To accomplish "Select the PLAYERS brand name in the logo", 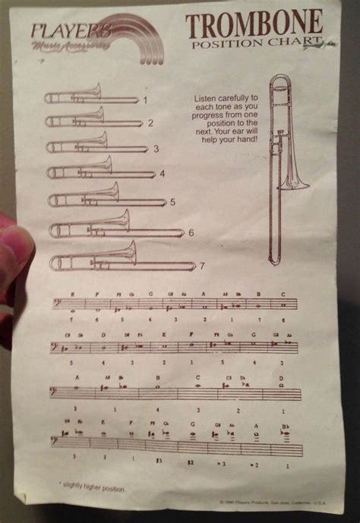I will pyautogui.click(x=71, y=31).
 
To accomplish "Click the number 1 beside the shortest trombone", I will pyautogui.click(x=145, y=99).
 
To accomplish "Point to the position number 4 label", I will pyautogui.click(x=162, y=173).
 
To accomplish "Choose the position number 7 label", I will pyautogui.click(x=202, y=266).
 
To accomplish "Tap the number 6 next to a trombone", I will pyautogui.click(x=191, y=232).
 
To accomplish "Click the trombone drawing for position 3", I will pyautogui.click(x=96, y=144).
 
